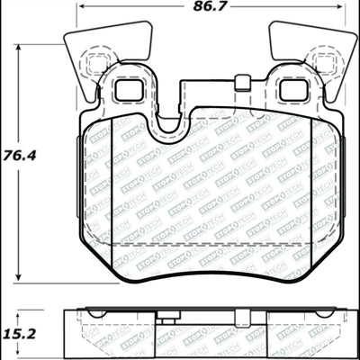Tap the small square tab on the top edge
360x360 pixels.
coord(240,85)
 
